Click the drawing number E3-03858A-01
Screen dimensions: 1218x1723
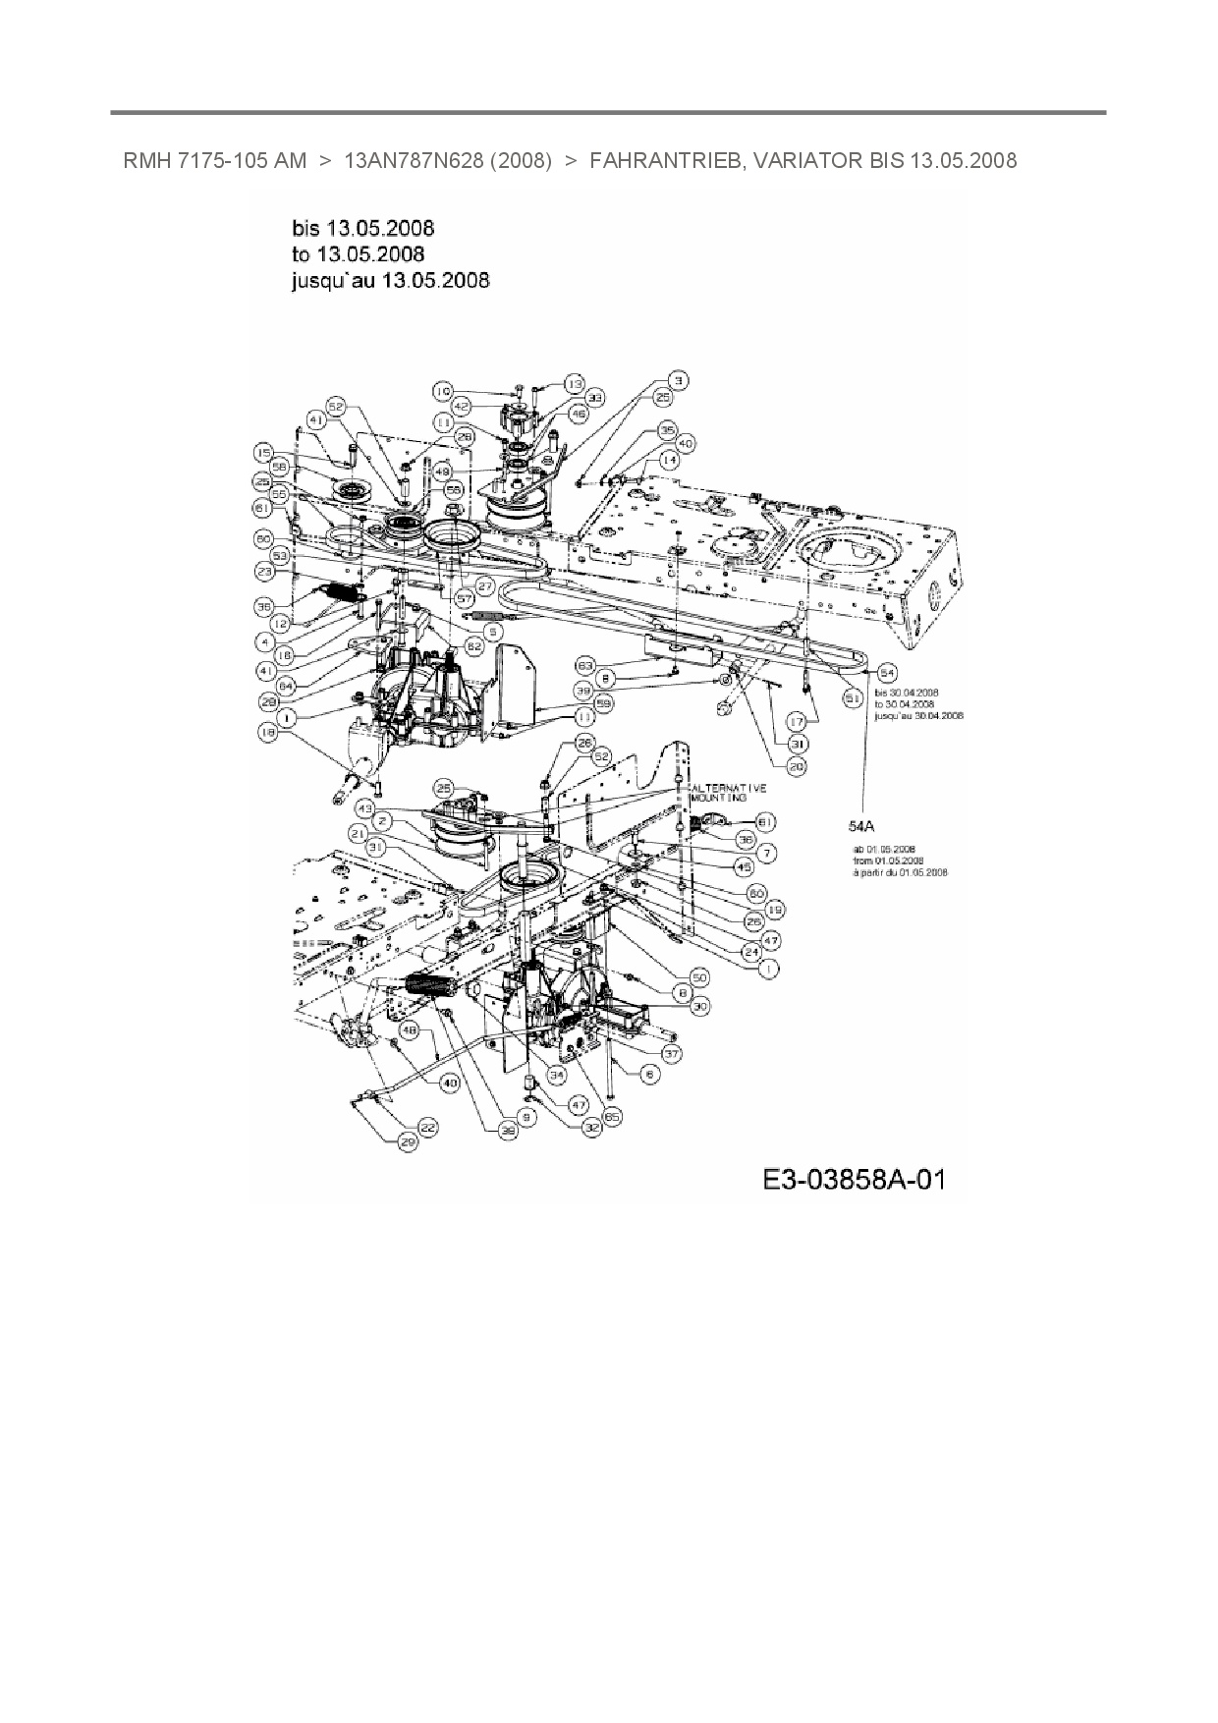point(853,1178)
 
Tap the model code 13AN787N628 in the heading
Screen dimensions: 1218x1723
point(412,160)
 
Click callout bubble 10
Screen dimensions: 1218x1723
point(443,391)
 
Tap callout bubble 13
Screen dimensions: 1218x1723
point(574,383)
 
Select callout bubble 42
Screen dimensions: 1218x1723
point(461,406)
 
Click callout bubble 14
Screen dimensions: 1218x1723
point(669,459)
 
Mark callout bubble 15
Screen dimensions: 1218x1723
point(264,452)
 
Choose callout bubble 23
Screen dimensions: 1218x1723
point(264,571)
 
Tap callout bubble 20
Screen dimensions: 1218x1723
point(797,765)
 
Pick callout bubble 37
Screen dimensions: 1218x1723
point(672,1052)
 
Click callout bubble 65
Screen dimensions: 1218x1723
point(613,1117)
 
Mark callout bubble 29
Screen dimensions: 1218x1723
point(407,1141)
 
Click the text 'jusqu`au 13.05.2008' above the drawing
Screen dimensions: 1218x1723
point(391,280)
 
